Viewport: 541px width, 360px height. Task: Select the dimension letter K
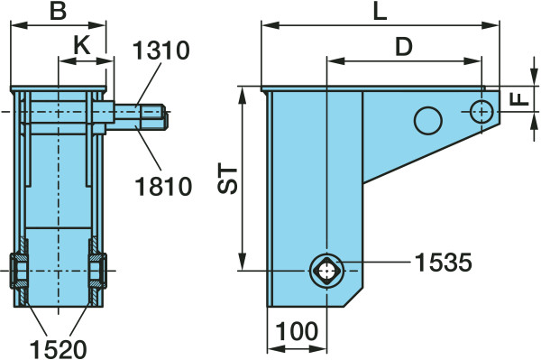(x=82, y=45)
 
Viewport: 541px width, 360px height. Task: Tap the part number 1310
(x=161, y=51)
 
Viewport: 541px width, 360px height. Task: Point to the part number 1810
(x=163, y=187)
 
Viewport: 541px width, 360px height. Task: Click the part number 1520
(x=58, y=349)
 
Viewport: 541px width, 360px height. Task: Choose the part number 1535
(x=443, y=263)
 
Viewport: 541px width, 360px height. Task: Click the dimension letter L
(x=381, y=13)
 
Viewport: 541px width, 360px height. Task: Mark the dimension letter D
(x=404, y=47)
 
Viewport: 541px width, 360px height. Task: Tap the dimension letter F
(x=519, y=99)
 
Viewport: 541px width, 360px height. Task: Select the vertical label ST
(x=228, y=180)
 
